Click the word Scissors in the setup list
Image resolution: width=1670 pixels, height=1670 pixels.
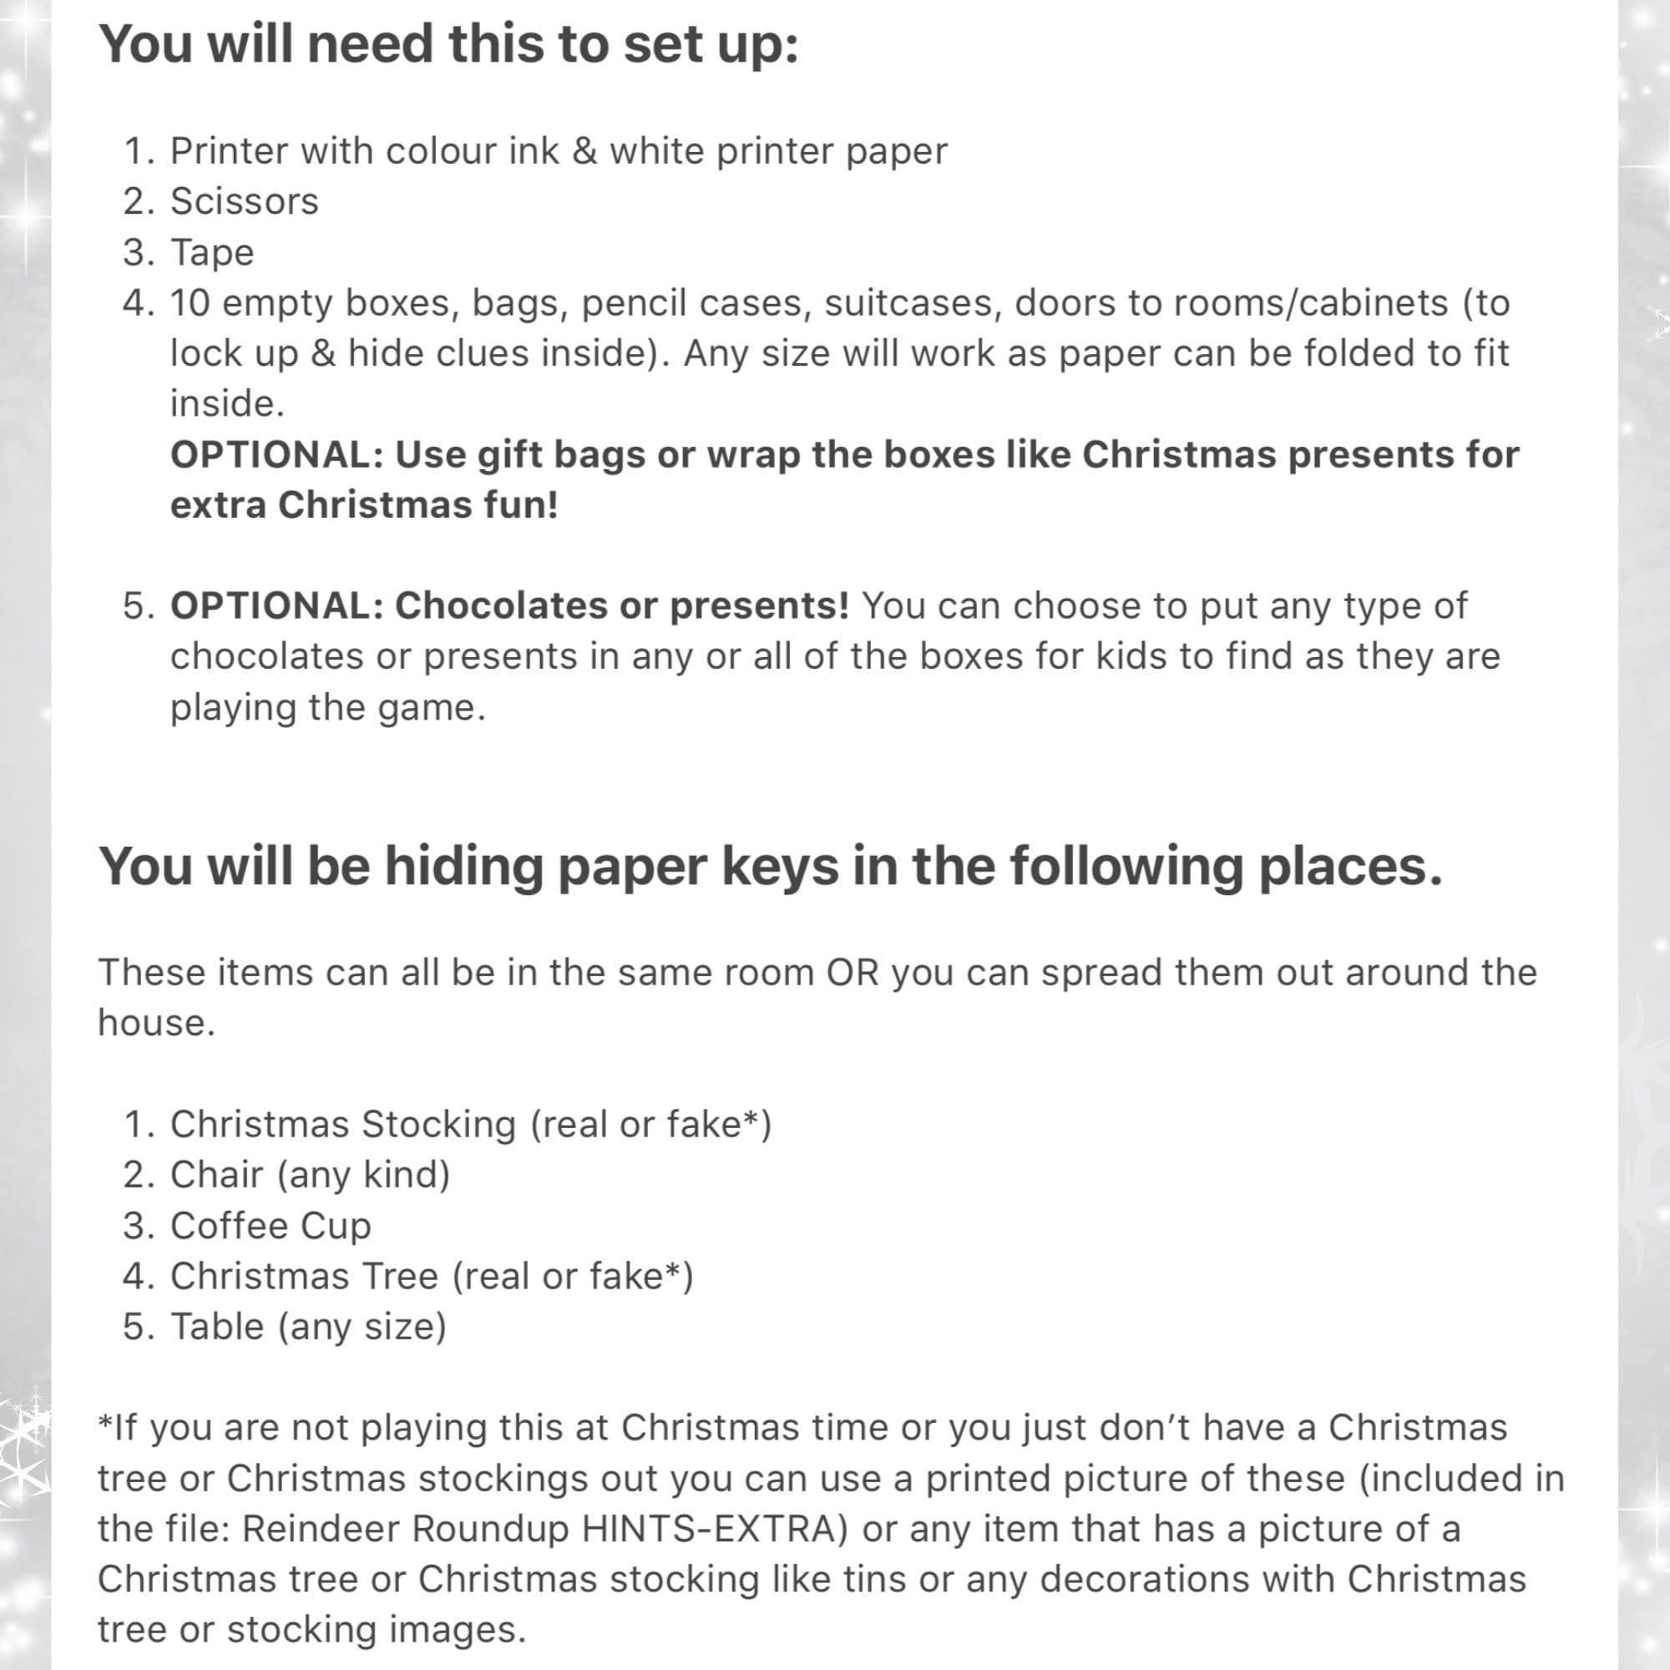(x=245, y=201)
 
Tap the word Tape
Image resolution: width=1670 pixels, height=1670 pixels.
(x=213, y=253)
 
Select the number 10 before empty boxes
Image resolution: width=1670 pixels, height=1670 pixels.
(x=190, y=303)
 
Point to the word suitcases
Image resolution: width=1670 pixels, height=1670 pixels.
(x=913, y=303)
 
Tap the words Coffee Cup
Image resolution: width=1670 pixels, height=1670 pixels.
(x=271, y=1226)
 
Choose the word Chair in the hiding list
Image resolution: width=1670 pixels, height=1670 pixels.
(x=216, y=1175)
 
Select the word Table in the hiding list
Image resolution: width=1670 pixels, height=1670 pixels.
(x=217, y=1327)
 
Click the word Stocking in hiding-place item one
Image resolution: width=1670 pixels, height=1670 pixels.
(x=438, y=1126)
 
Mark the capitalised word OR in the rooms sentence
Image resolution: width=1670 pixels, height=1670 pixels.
(x=853, y=974)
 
